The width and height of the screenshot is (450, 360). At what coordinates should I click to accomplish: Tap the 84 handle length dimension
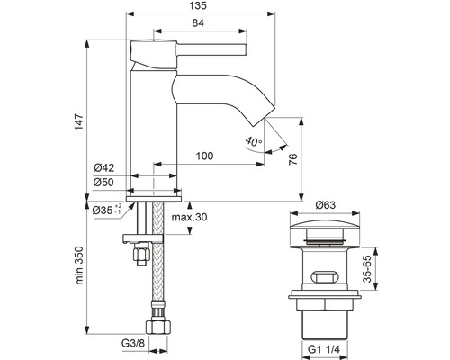click(x=198, y=23)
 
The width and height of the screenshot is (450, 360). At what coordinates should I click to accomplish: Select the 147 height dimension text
click(x=79, y=121)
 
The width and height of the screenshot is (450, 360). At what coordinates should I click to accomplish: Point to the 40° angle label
click(x=254, y=141)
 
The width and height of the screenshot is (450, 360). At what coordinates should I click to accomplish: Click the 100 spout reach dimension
click(x=204, y=156)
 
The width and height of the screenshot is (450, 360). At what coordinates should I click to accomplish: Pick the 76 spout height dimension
click(x=292, y=159)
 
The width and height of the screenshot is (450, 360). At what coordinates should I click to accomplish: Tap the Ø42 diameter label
click(x=104, y=167)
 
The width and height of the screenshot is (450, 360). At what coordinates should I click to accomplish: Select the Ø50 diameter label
click(x=103, y=182)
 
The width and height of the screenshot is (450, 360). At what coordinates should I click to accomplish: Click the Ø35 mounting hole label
click(x=107, y=210)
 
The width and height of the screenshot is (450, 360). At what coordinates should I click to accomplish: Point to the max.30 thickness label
click(x=189, y=217)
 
